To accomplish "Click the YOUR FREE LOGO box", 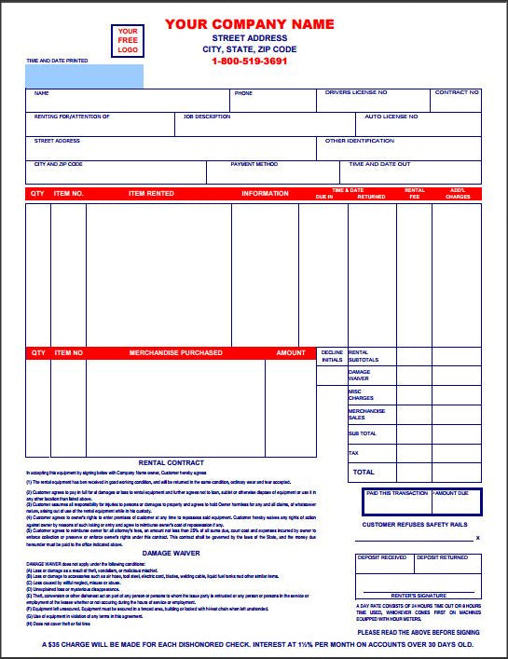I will click(x=127, y=42).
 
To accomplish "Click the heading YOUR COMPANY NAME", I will click(x=249, y=23).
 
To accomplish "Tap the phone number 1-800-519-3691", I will click(x=249, y=61).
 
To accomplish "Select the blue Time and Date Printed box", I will click(x=85, y=76).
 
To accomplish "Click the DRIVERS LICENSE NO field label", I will click(x=356, y=93).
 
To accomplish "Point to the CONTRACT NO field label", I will click(x=457, y=93).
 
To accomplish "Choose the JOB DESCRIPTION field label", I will click(x=207, y=117).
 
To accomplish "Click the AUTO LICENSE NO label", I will click(x=391, y=117).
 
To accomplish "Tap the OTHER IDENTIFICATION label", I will click(x=360, y=141).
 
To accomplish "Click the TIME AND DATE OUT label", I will click(x=379, y=164).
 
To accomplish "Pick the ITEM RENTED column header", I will click(x=150, y=194).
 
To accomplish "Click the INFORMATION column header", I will click(x=265, y=194).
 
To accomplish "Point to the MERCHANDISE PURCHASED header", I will click(x=175, y=353).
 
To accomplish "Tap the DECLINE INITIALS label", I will click(x=332, y=356).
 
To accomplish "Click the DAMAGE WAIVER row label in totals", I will click(x=359, y=375).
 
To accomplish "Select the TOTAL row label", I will click(x=363, y=473).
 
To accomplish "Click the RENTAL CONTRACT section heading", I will click(x=172, y=461).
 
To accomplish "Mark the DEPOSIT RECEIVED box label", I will click(x=382, y=557).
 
